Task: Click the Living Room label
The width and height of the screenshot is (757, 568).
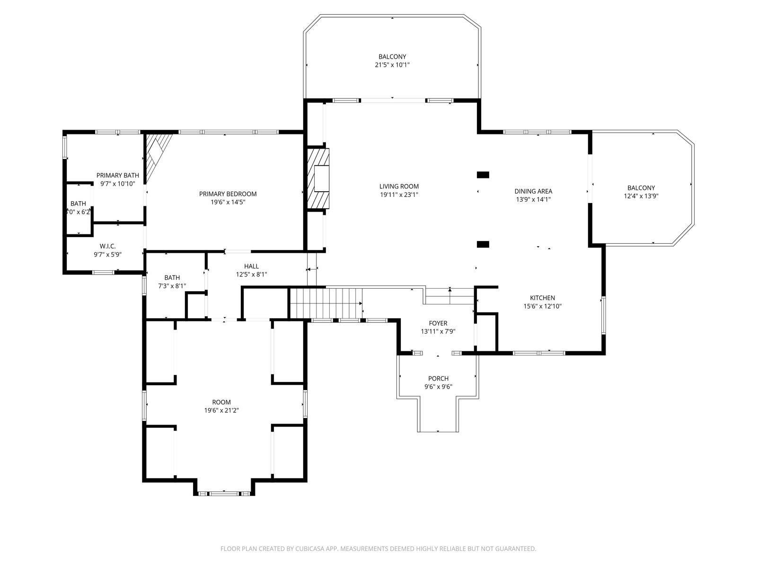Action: (x=399, y=186)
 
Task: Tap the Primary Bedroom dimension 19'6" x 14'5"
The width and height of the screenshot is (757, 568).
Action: (x=228, y=202)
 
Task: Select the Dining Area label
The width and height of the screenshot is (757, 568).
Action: (x=533, y=191)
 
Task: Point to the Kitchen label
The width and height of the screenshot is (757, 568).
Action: (x=543, y=298)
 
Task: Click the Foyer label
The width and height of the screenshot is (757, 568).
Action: (x=438, y=323)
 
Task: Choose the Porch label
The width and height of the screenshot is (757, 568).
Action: (x=438, y=378)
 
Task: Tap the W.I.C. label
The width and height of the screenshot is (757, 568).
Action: (x=107, y=246)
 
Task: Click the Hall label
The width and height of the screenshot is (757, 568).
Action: (x=251, y=266)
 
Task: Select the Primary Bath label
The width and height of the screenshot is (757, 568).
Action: (x=118, y=176)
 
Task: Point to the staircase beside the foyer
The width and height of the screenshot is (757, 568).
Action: (x=326, y=303)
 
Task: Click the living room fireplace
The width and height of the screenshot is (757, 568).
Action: (x=318, y=178)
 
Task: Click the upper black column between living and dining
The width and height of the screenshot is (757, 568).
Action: (x=483, y=175)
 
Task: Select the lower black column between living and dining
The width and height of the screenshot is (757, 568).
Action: (x=483, y=245)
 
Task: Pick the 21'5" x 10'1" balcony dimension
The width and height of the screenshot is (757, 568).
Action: (x=392, y=65)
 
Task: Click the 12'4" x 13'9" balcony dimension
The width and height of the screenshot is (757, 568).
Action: (x=641, y=196)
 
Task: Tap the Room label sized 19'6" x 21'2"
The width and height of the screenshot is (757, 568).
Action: (x=221, y=402)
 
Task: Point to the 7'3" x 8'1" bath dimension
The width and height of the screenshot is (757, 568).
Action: (x=172, y=286)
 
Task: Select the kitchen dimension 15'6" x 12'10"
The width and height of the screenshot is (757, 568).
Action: (x=543, y=306)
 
